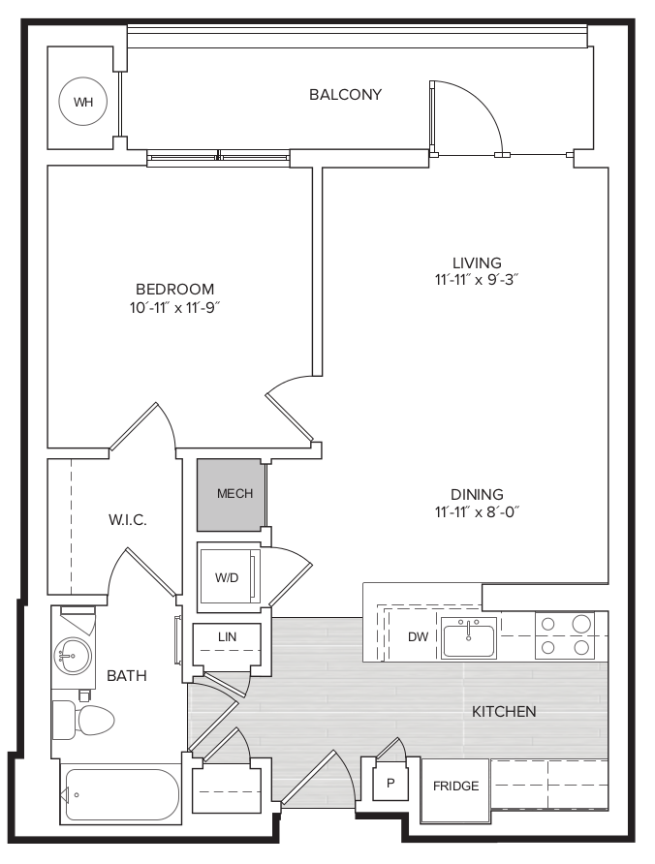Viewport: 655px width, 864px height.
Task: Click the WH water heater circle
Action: pos(83,102)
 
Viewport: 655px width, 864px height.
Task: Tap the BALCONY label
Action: pos(345,95)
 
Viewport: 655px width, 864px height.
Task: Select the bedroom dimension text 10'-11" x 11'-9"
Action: pos(174,307)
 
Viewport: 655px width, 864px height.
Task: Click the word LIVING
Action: pos(477,262)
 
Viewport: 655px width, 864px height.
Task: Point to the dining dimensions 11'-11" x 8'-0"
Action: pos(477,511)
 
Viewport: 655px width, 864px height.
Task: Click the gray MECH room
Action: pos(231,494)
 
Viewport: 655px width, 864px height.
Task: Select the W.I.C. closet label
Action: pos(127,519)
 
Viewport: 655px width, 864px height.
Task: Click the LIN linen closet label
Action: pos(227,637)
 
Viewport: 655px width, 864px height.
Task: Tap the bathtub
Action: pos(121,795)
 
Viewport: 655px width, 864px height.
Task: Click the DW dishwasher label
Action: pos(418,637)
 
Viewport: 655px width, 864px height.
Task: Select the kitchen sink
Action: pos(469,637)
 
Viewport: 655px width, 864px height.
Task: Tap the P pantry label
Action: pos(390,783)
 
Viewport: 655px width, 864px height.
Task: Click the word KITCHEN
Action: pos(504,711)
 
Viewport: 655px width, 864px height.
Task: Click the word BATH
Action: pos(127,675)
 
